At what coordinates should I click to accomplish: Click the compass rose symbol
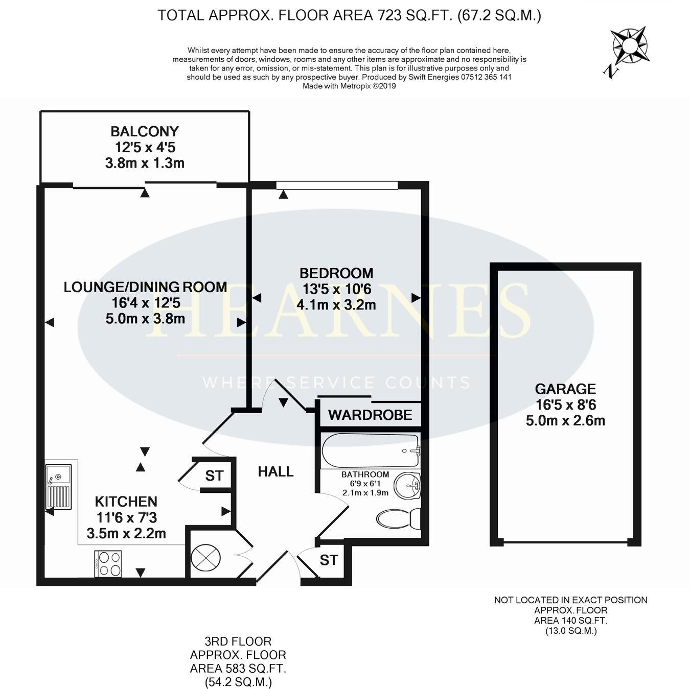point(629,47)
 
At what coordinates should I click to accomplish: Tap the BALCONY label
point(145,131)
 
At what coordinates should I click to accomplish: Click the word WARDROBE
point(370,415)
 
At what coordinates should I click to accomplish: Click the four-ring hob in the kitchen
point(108,564)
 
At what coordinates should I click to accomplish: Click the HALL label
point(275,471)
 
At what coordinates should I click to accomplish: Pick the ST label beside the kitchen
point(214,476)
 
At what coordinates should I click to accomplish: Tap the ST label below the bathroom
point(329,560)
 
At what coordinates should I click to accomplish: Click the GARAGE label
point(565,389)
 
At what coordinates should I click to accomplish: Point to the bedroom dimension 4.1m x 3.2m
point(336,305)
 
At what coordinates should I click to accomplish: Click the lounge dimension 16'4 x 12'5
point(146,303)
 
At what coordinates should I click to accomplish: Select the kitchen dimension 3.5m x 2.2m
point(126,533)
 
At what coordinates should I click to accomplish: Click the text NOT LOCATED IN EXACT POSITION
point(570,600)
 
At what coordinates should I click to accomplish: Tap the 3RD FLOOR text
point(238,641)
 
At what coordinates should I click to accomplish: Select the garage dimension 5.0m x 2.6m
point(565,421)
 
